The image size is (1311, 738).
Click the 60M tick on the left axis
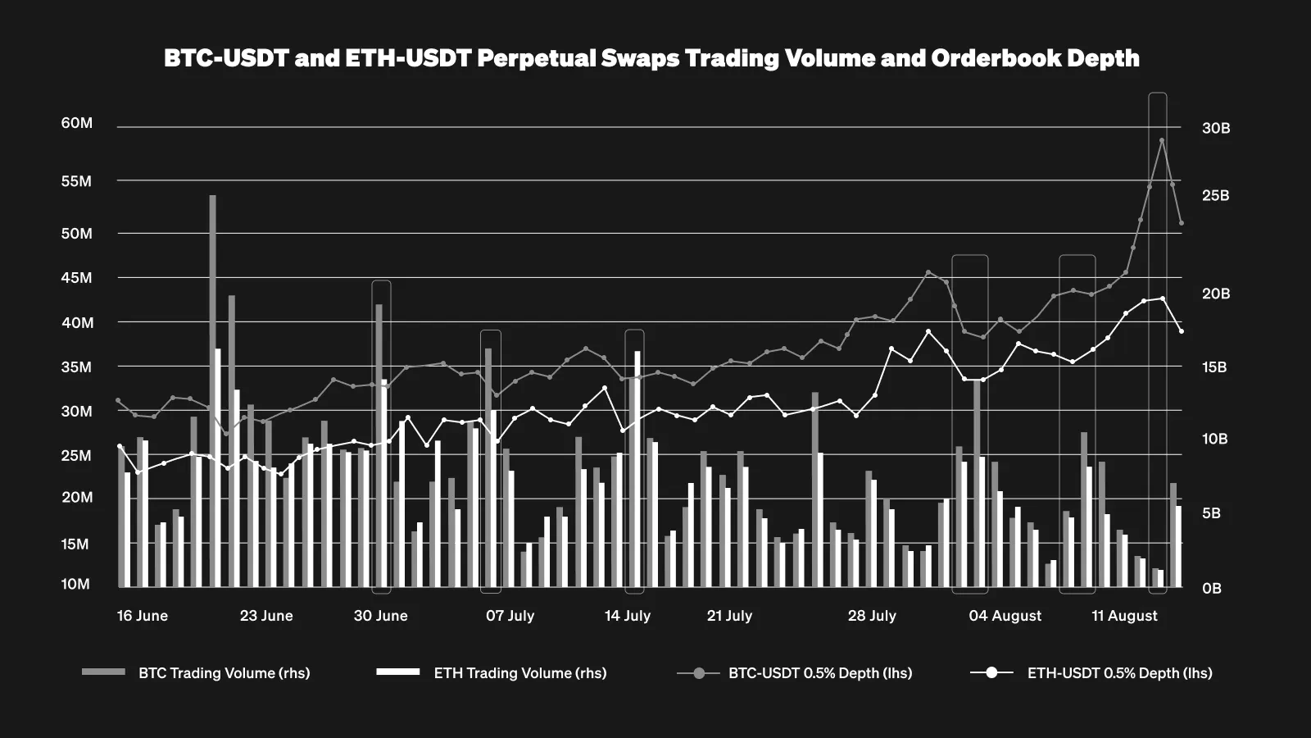pos(76,123)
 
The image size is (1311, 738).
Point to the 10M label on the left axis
pos(75,584)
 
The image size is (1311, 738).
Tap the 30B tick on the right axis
pos(1216,128)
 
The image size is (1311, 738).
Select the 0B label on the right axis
pos(1212,588)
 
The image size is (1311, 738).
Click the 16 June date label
pos(142,616)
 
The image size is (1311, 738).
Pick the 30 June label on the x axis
pos(380,616)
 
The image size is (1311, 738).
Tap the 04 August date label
pos(1005,616)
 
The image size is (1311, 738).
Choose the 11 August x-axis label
pos(1124,616)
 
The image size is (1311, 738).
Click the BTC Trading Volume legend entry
pos(224,673)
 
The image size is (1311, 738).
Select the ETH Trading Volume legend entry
pos(519,673)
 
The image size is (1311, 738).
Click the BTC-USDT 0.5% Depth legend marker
pos(699,673)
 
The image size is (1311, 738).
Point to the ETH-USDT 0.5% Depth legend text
pos(1119,673)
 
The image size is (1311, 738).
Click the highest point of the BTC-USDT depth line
pos(1162,140)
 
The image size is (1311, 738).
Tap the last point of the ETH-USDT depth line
pos(1181,331)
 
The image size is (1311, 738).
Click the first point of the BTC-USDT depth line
pos(118,400)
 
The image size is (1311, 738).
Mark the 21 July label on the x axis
pos(729,616)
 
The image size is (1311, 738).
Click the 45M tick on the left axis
pos(76,278)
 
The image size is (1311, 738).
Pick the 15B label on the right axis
pos(1214,367)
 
